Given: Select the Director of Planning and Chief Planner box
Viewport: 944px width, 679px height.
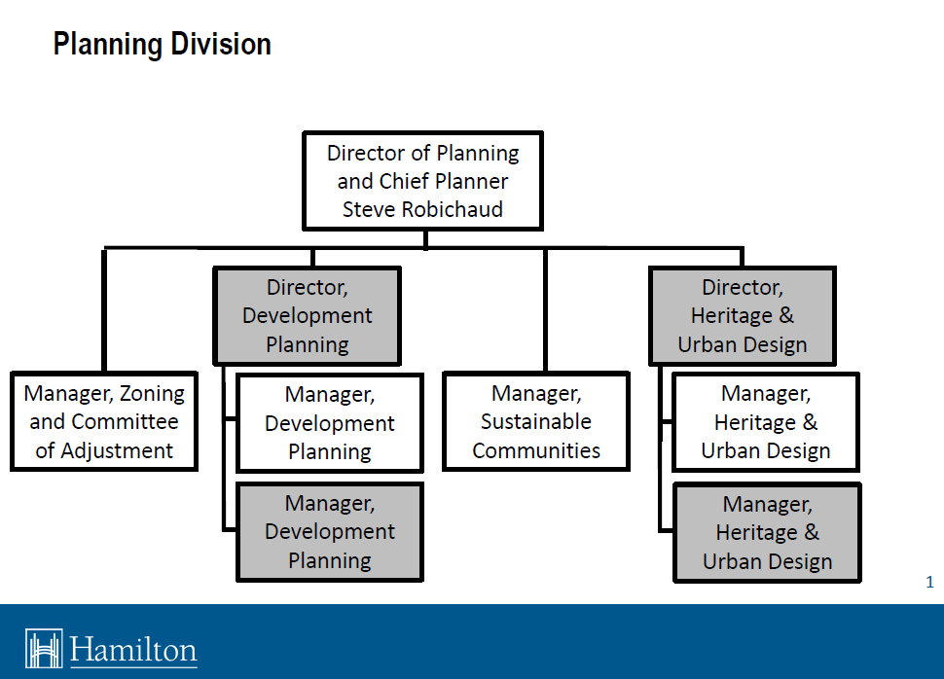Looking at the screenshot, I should (x=422, y=181).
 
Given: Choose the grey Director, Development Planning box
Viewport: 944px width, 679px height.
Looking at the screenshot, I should (x=307, y=315).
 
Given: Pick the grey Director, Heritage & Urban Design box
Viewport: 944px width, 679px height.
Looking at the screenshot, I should (x=743, y=315).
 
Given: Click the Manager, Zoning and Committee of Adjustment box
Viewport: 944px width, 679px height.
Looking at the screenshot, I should (x=104, y=422).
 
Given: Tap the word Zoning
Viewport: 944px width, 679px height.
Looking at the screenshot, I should (x=145, y=394).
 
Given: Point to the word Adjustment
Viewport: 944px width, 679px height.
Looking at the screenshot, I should (x=118, y=450).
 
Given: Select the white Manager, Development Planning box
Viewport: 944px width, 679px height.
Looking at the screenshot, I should (x=330, y=423).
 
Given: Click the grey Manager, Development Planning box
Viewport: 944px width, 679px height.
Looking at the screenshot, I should (x=330, y=532).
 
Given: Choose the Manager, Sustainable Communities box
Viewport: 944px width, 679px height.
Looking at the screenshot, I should (x=536, y=422).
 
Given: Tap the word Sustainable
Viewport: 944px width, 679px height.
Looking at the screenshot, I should (x=536, y=422).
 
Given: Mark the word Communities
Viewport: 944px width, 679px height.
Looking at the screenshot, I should (x=536, y=450).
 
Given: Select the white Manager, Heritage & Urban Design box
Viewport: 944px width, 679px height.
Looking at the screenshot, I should (x=766, y=422).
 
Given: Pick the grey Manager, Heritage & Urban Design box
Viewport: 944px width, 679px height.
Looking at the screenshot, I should (x=767, y=533).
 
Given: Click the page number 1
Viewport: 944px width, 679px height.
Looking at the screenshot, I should (x=929, y=583).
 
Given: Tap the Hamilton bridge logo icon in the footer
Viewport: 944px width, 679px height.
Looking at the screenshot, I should (x=44, y=649).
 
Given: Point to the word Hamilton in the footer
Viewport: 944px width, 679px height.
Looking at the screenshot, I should (x=133, y=650).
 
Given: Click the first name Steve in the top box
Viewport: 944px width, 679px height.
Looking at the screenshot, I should (x=369, y=209).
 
